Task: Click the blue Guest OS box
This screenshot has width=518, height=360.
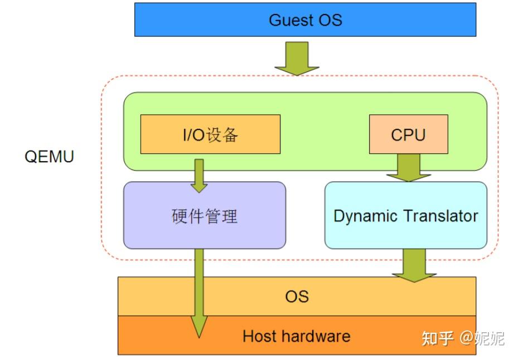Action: point(305,20)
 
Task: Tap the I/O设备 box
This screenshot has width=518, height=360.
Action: point(210,134)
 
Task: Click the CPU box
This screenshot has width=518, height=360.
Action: point(408,134)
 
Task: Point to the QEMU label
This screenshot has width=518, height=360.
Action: point(49,157)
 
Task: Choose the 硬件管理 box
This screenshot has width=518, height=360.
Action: point(204,216)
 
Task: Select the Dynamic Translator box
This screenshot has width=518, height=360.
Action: point(405,216)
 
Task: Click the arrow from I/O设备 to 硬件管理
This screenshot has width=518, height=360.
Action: point(199,174)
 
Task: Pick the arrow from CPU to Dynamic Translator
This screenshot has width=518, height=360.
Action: point(408,167)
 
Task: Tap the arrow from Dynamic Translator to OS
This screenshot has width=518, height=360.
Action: point(414,265)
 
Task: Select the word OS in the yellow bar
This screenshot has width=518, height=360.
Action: point(297,296)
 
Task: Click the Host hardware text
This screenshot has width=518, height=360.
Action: point(296,336)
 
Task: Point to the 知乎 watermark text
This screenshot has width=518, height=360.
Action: point(438,338)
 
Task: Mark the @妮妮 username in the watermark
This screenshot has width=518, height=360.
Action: point(482,338)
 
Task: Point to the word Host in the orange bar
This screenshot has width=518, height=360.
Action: point(260,336)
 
